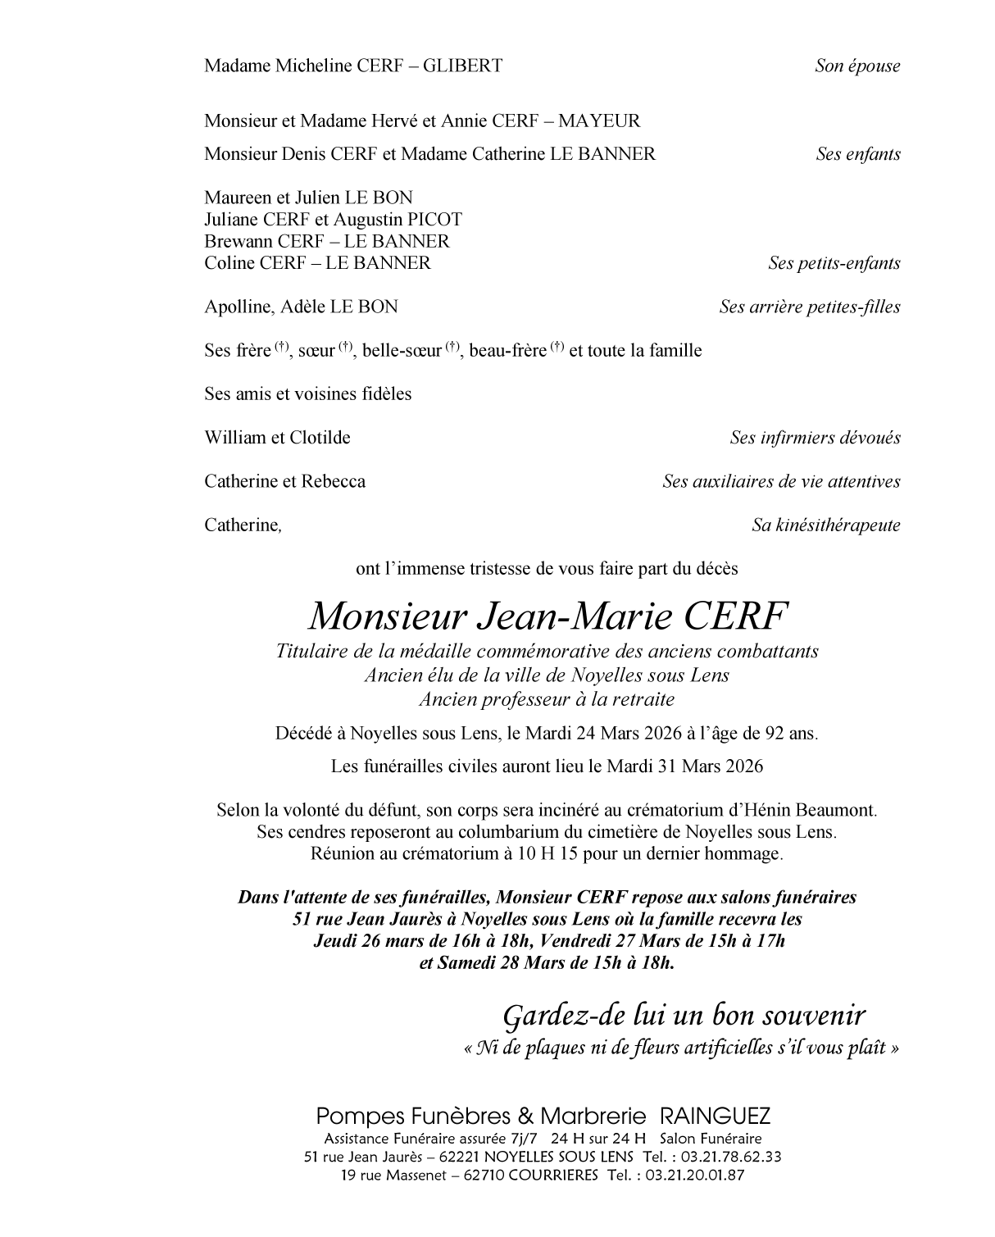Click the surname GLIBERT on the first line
point(462,66)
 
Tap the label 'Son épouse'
point(857,66)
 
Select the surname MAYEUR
point(599,121)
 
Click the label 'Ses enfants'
point(858,154)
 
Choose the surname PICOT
point(432,220)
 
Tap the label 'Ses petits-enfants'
point(834,263)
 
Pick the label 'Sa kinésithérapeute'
point(826,525)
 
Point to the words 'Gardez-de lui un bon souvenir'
point(684,1016)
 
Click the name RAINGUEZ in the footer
point(715,1116)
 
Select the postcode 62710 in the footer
point(483,1175)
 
